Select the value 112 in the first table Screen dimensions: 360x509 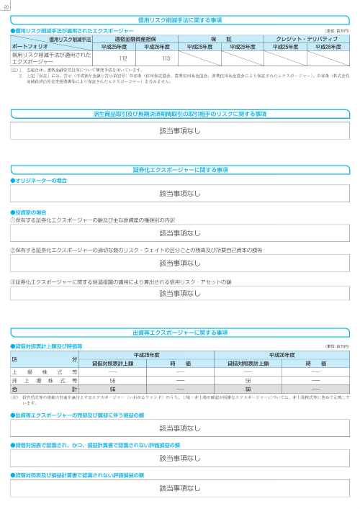point(123,58)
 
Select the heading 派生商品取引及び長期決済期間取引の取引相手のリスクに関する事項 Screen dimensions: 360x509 point(180,114)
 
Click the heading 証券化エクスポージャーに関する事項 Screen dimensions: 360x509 point(180,169)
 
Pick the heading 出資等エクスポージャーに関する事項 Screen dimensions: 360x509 point(180,333)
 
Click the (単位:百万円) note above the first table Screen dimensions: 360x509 point(338,32)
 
